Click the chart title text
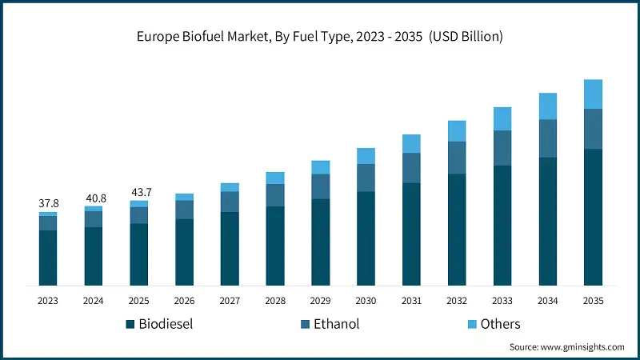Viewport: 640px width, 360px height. point(320,36)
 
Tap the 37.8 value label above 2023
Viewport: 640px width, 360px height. point(48,203)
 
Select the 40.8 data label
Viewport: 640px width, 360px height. point(94,197)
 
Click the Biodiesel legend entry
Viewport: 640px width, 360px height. point(159,324)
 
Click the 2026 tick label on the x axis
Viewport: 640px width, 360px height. point(184,300)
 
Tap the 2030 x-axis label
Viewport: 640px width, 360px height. point(366,300)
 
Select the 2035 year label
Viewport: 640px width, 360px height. point(593,300)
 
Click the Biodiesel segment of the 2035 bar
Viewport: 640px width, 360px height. point(593,217)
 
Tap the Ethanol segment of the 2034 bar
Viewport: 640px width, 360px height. point(547,138)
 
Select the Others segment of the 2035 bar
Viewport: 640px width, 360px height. point(593,94)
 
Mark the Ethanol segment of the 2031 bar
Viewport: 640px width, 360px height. point(411,168)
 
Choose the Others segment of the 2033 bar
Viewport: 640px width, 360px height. point(502,118)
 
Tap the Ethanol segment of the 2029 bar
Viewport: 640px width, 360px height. point(320,186)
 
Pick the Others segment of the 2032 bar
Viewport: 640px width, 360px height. point(457,131)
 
